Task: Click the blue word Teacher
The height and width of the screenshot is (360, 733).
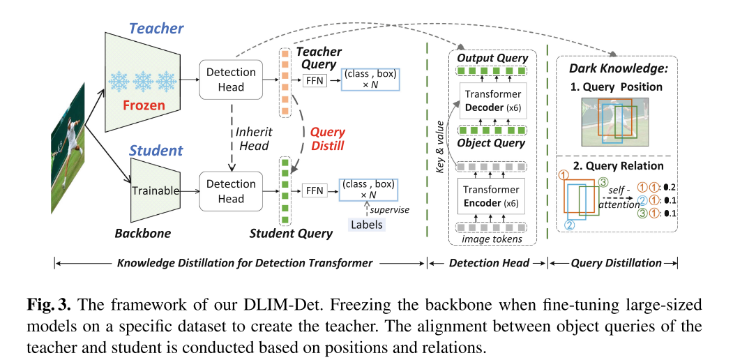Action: point(156,29)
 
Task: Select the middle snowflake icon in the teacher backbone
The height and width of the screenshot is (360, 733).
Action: point(143,81)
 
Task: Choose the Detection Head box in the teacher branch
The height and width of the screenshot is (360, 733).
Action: point(231,80)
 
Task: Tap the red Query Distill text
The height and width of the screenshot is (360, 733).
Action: point(327,138)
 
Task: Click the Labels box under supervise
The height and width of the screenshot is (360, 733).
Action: point(367,225)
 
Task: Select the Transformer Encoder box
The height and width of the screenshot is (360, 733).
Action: point(493,196)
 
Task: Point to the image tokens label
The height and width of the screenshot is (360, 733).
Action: point(492,239)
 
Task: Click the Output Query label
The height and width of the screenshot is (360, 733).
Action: point(492,58)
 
